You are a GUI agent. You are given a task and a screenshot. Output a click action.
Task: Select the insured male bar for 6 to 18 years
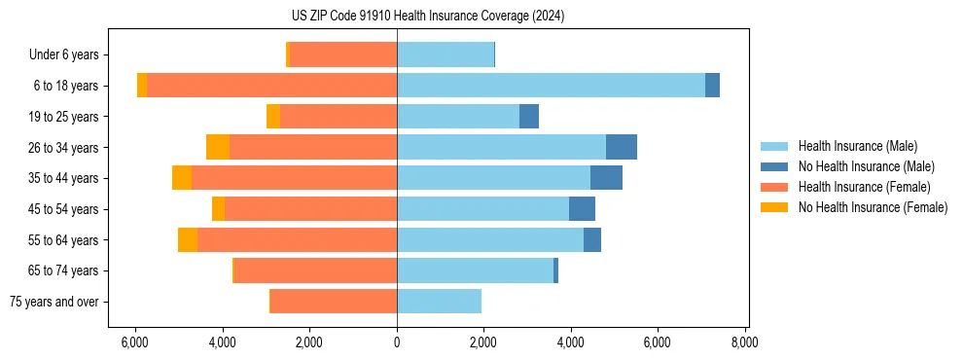pos(551,86)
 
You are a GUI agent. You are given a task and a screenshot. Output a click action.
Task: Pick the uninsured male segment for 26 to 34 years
pos(622,147)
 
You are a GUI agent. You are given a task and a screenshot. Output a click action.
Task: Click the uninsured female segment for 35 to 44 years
pos(182,178)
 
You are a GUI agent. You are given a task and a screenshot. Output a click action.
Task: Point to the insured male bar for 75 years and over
pos(439,302)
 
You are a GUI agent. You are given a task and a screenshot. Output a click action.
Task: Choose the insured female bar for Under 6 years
pos(343,54)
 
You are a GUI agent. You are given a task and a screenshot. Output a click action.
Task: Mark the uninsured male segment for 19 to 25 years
pos(529,117)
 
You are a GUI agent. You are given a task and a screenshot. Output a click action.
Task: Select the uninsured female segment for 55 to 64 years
pos(188,240)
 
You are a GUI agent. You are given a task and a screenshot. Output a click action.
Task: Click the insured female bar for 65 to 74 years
pos(315,270)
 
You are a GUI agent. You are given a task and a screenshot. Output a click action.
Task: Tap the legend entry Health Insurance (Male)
pos(857,146)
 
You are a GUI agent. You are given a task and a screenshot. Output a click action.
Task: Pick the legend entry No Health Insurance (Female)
pos(873,207)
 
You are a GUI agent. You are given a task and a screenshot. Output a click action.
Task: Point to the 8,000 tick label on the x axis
pos(745,342)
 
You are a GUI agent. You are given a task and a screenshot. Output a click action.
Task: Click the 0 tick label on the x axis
pos(397,342)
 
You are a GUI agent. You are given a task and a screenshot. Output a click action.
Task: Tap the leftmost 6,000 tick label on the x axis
pos(135,342)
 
